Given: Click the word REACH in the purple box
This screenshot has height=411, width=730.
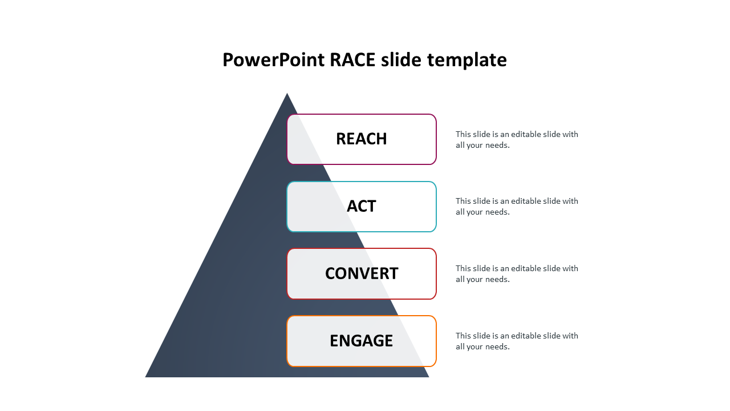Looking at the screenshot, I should click(362, 139).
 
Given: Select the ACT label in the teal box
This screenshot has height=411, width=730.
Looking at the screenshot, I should click(362, 206).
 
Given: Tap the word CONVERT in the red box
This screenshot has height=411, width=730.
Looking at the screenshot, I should click(362, 273).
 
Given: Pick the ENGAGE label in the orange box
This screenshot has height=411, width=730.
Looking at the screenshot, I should click(362, 341).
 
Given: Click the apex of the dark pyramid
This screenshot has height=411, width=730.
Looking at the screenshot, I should click(287, 94).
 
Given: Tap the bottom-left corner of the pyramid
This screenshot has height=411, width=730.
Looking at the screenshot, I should click(147, 376).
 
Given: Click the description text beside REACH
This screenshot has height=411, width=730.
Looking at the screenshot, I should click(517, 140).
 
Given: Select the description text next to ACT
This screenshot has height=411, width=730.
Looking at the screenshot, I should click(517, 207).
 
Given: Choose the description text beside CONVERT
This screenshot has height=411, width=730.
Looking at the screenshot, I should click(517, 274).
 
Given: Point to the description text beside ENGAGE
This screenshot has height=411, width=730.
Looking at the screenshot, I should click(517, 341).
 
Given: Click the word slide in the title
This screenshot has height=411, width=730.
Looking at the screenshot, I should click(401, 60).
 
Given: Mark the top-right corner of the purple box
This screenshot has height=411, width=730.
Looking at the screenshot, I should click(435, 116).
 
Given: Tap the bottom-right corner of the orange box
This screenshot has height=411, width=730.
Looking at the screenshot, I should click(435, 365).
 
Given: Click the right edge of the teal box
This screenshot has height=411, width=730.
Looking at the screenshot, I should click(436, 207).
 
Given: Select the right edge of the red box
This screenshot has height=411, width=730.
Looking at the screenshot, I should click(436, 273).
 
